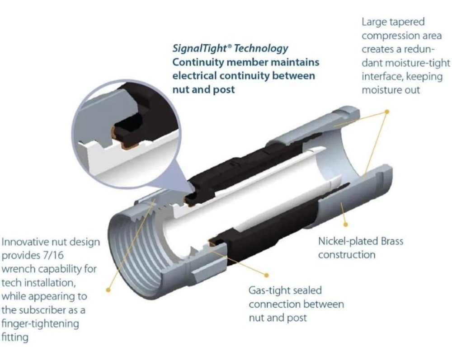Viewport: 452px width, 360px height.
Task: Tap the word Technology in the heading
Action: (261, 48)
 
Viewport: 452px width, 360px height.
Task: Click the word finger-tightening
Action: (40, 324)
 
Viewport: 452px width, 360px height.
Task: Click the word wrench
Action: (19, 269)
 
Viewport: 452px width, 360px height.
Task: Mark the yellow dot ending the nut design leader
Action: (108, 290)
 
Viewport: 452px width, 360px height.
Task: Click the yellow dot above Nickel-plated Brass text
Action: (346, 224)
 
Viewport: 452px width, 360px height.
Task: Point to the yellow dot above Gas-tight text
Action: (266, 276)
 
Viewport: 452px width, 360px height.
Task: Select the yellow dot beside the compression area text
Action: (387, 112)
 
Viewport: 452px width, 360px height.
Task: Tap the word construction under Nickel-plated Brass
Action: (347, 255)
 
